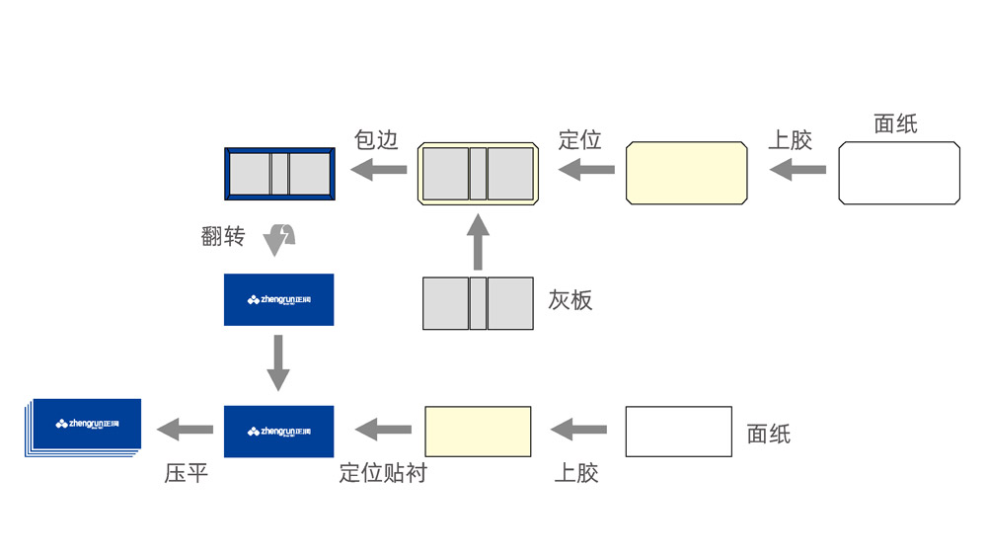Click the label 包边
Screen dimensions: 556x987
[x=375, y=139]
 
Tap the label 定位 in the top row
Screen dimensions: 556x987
[x=579, y=139]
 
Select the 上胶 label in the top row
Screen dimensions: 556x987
[x=790, y=139]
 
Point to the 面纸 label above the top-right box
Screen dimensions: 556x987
[x=895, y=123]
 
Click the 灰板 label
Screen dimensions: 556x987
[x=570, y=300]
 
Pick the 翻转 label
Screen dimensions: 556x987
[x=222, y=237]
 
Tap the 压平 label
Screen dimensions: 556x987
[x=186, y=473]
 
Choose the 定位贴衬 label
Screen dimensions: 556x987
[x=383, y=473]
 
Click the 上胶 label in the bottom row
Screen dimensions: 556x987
[x=575, y=473]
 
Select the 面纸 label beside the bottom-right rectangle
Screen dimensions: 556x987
[x=769, y=433]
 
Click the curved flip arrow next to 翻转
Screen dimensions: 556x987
[x=280, y=237]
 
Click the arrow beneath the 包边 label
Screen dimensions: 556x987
[x=380, y=171]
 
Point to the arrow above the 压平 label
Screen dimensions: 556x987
[x=186, y=430]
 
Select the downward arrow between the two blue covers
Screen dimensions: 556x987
[x=278, y=362]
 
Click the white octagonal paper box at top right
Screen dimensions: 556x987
[x=899, y=173]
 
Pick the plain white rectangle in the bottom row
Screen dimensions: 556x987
[x=678, y=432]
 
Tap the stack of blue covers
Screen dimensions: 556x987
[x=83, y=427]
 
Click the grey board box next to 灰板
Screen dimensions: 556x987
[x=478, y=303]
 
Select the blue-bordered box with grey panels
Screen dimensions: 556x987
[x=280, y=173]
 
